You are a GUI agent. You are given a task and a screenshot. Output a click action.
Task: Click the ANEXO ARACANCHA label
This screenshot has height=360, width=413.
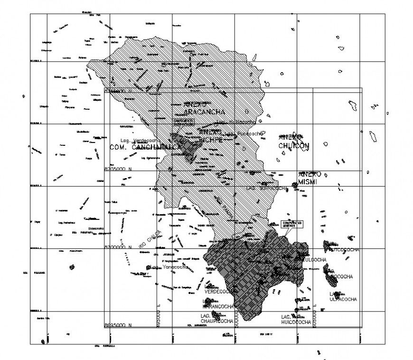tap(203, 108)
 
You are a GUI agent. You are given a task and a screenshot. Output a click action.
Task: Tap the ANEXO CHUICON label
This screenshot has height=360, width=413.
tap(294, 141)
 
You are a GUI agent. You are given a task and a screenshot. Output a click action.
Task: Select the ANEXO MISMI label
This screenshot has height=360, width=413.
tap(310, 178)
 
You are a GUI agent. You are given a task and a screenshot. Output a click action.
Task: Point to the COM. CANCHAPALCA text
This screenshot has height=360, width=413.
tap(146, 147)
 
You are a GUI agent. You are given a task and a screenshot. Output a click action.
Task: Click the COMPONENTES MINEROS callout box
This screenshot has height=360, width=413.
tap(291, 224)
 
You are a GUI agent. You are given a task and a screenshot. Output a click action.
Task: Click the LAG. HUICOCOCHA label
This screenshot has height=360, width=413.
tap(295, 319)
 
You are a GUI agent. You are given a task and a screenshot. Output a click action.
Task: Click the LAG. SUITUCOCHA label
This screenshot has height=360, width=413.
tap(267, 188)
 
